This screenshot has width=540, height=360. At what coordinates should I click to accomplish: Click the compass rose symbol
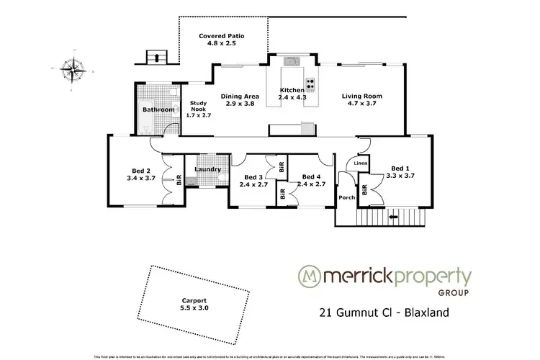72,70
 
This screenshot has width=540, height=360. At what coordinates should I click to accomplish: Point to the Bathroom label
158,109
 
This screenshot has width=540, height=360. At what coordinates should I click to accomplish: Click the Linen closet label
361,165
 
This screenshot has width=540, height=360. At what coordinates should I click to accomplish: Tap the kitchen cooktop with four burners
310,82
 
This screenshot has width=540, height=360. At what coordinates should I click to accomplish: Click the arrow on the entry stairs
394,215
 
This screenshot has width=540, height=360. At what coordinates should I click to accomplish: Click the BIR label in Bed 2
179,181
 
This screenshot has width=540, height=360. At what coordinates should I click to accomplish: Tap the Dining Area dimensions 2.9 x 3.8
240,104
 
